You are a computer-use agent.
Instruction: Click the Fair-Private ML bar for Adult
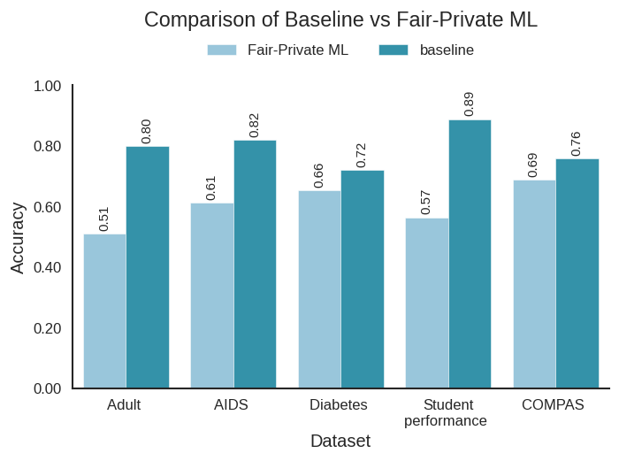[x=104, y=311]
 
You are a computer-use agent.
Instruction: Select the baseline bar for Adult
[x=147, y=267]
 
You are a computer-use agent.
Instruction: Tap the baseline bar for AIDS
[x=255, y=264]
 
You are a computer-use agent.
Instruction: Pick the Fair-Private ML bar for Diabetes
[x=319, y=289]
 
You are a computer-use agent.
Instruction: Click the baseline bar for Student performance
[x=470, y=254]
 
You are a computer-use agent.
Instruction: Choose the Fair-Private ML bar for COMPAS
[x=534, y=284]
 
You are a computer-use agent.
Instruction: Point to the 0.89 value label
[x=469, y=104]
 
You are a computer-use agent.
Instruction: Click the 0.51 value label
[x=103, y=219]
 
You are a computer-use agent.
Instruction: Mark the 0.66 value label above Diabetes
[x=318, y=175]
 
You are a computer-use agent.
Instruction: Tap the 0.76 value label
[x=576, y=143]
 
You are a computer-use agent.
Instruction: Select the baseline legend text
[x=447, y=50]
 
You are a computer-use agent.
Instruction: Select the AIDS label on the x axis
[x=231, y=405]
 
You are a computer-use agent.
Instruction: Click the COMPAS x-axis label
[x=553, y=405]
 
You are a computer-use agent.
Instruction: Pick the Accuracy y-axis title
[x=18, y=237]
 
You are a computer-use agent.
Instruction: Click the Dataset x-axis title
[x=340, y=441]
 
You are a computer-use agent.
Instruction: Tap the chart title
[x=340, y=19]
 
